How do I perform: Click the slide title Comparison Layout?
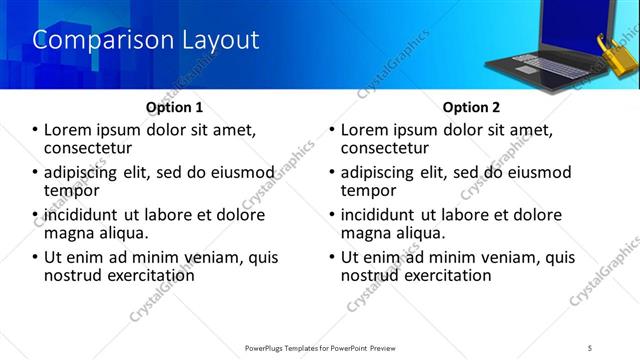[146, 40]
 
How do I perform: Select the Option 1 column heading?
[174, 107]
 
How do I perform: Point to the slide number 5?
[590, 347]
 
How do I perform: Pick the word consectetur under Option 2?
[385, 148]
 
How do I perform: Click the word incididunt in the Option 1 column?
[84, 215]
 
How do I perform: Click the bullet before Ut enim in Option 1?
[36, 258]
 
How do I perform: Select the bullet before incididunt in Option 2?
[333, 215]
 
